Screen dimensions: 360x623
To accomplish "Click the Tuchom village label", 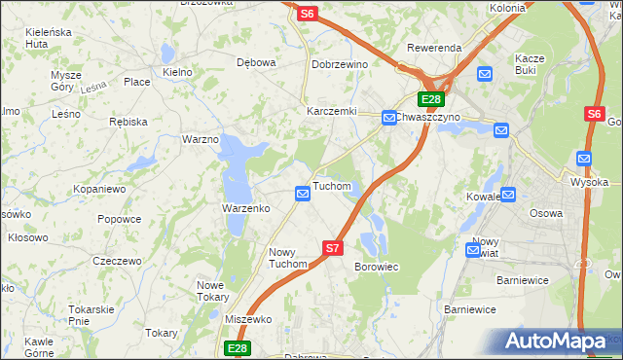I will click(x=331, y=186).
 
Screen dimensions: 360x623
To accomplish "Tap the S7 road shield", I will click(x=333, y=248).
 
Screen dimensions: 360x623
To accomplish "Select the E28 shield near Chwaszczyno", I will click(x=431, y=99).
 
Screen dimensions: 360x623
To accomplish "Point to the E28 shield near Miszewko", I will click(x=238, y=347).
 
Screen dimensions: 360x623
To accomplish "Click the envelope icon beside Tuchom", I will click(x=303, y=196).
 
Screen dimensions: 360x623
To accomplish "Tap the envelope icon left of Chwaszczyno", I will click(x=387, y=117).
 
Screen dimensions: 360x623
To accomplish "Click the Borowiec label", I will click(x=377, y=266).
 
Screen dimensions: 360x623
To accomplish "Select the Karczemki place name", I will click(x=332, y=111).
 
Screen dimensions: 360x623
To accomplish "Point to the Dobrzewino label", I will click(x=339, y=64).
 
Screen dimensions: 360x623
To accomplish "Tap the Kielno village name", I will click(x=177, y=72).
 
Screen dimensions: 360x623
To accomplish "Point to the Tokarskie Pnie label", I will click(x=93, y=314).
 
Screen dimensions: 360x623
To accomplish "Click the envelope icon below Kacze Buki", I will click(x=486, y=73).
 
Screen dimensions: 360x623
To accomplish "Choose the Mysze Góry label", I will click(x=66, y=81).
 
